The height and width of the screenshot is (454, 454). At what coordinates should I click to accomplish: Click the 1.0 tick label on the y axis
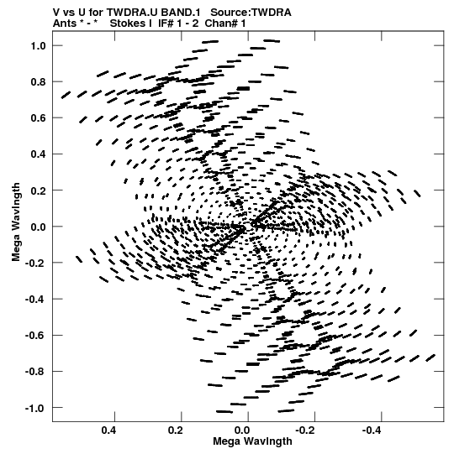point(38,46)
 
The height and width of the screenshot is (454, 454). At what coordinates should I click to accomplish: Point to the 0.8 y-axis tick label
point(38,82)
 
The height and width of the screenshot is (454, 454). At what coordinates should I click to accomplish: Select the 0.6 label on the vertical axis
point(38,118)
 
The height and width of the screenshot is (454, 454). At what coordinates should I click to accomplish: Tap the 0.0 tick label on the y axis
point(38,227)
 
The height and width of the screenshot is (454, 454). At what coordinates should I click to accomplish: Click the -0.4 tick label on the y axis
point(35,299)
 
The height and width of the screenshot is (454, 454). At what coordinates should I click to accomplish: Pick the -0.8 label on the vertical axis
point(35,372)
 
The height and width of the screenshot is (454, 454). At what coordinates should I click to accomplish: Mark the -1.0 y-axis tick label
point(35,409)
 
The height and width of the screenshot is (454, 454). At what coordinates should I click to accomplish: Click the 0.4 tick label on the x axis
point(108,431)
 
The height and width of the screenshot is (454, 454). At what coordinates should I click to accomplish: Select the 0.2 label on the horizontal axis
point(176,431)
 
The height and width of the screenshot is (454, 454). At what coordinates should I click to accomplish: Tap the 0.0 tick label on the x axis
point(242,431)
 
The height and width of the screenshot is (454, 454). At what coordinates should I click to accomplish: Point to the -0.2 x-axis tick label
point(306,431)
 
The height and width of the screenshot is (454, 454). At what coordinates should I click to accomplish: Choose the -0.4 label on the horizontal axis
point(372,431)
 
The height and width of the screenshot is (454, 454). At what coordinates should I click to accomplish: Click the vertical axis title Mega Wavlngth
point(16,222)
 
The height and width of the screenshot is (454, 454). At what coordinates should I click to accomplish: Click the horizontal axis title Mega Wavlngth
point(252,441)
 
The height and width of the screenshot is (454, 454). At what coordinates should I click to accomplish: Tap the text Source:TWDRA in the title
point(251,13)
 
